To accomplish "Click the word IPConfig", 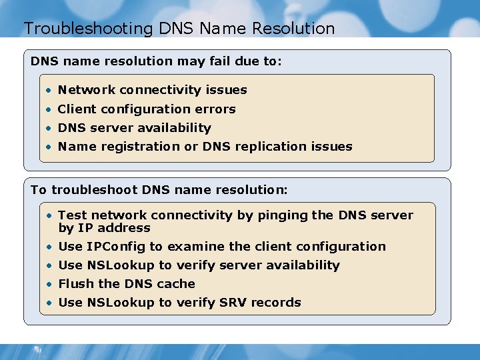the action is pyautogui.click(x=116, y=247).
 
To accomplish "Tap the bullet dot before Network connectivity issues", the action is pyautogui.click(x=49, y=90).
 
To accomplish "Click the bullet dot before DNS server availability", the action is pyautogui.click(x=49, y=128).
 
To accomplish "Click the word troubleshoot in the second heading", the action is pyautogui.click(x=95, y=190).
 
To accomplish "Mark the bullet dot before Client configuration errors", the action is pyautogui.click(x=49, y=109).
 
